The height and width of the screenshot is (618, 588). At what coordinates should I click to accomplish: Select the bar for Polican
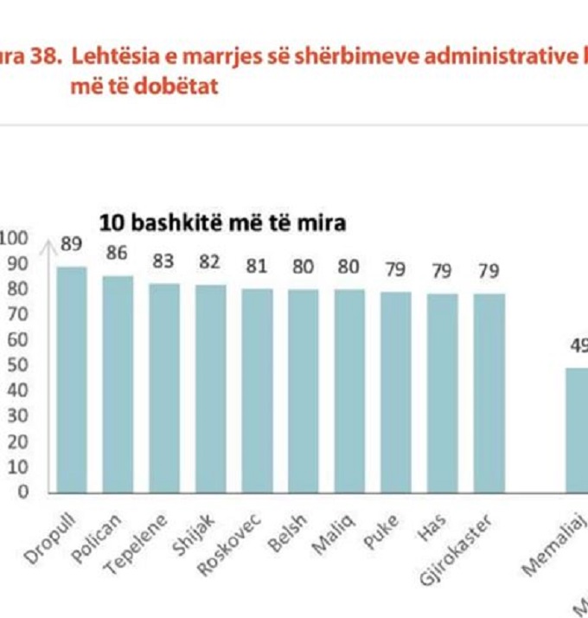[118, 383]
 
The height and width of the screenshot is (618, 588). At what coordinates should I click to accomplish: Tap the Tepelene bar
[164, 387]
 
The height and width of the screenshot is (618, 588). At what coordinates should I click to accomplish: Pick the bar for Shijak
[210, 389]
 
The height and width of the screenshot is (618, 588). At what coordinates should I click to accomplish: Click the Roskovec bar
[257, 389]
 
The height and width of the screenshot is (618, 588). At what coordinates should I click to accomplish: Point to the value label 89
[71, 245]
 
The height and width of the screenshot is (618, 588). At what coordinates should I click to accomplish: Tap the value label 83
[164, 261]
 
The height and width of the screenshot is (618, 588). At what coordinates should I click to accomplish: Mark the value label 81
[257, 267]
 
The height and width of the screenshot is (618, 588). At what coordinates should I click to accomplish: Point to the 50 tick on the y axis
[19, 365]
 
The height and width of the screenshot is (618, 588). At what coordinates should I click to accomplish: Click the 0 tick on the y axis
[23, 492]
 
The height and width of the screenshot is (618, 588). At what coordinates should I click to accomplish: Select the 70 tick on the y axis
[19, 314]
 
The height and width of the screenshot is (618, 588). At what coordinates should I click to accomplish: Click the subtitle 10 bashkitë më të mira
[222, 222]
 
